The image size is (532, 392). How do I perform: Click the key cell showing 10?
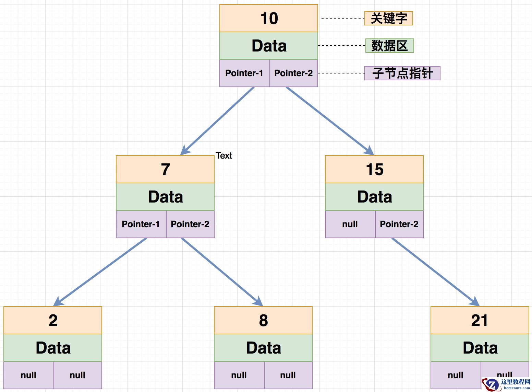[x=269, y=18]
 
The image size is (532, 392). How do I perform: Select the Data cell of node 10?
[x=269, y=46]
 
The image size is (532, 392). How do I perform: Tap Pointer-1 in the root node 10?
[x=244, y=73]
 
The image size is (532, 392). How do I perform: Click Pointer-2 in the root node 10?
[x=293, y=73]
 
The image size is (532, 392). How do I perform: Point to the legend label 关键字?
[x=389, y=18]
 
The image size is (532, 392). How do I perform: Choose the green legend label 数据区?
[x=390, y=46]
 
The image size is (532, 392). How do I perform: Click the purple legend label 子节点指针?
[x=402, y=73]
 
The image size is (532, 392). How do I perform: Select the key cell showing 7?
[x=165, y=169]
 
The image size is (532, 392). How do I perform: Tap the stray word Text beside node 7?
[x=224, y=155]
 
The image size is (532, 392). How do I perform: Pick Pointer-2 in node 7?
[x=190, y=224]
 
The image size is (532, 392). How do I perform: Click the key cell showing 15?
[x=374, y=169]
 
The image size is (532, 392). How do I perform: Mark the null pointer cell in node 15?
[x=350, y=224]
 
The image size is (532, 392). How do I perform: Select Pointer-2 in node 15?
[x=399, y=224]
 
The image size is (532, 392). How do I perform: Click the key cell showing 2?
[x=53, y=320]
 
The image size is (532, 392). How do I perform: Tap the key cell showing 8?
[x=263, y=320]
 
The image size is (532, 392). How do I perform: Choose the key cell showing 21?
[x=480, y=320]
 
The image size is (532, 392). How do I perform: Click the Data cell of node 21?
[x=480, y=348]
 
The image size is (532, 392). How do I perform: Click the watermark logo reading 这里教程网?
[x=507, y=384]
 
